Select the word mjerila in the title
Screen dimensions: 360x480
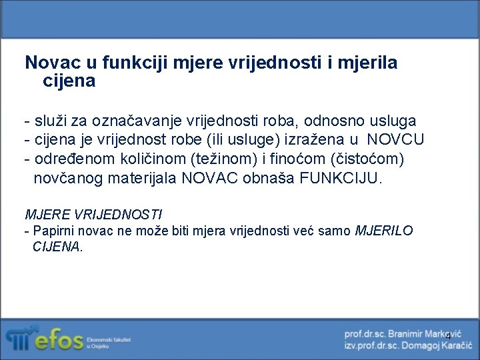tap(369, 63)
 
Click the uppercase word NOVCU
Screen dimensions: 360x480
tap(395, 141)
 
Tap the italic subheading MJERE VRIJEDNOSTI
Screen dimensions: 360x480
tap(93, 215)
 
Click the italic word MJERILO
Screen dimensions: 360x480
tap(384, 231)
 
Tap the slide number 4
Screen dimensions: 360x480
tap(448, 335)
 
